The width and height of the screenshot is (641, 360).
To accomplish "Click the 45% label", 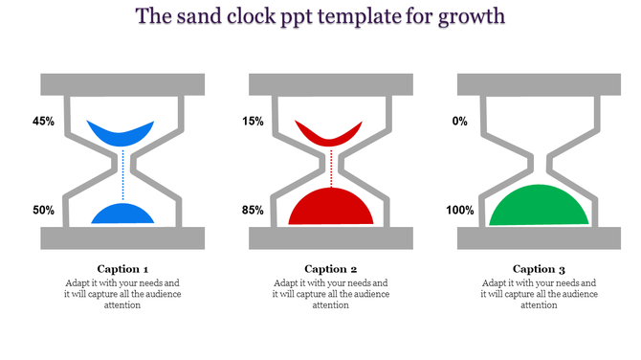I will [43, 122].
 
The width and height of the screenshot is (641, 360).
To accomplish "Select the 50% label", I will [43, 210].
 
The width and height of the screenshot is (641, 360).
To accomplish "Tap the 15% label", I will [253, 122].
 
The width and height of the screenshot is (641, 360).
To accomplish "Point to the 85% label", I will [253, 210].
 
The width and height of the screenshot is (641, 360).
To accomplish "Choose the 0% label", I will [459, 122].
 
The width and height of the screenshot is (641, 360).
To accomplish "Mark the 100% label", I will [460, 210].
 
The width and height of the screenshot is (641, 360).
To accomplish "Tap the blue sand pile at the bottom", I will [122, 215].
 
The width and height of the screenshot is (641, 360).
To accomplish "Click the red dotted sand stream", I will [330, 168].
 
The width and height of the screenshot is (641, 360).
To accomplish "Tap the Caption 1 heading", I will [122, 269].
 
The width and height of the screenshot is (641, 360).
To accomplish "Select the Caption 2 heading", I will [330, 269].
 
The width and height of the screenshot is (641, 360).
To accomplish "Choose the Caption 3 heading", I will [539, 269].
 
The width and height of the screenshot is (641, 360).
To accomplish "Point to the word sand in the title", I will [213, 16].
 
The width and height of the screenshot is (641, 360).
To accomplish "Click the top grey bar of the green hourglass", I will [539, 84].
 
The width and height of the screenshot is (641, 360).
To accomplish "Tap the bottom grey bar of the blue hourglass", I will [122, 237].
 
